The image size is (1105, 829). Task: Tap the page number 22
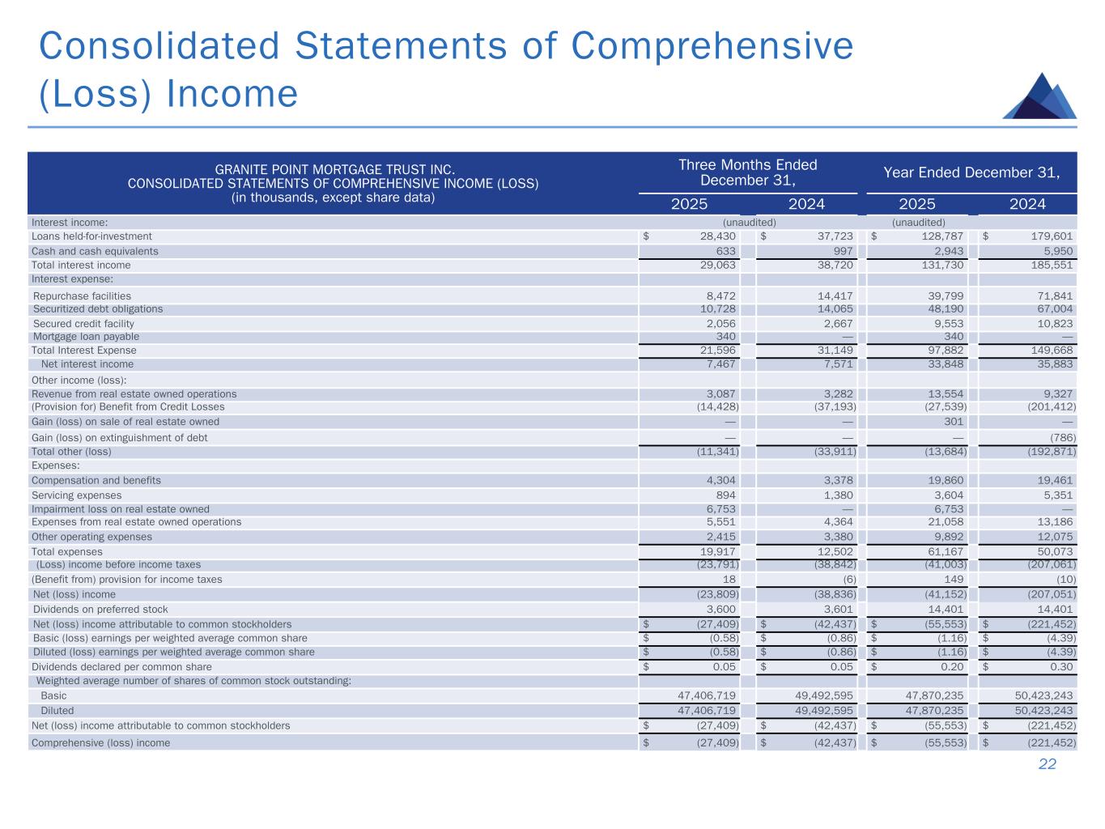pos(1048,764)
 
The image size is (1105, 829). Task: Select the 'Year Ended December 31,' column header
pos(971,172)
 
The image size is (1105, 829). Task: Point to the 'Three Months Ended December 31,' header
pos(747,172)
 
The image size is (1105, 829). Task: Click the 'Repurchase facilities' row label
pos(82,296)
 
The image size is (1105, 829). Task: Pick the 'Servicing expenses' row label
pos(76,495)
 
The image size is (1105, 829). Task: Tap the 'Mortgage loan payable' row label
pos(86,337)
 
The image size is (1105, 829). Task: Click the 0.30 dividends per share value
pos(1061,667)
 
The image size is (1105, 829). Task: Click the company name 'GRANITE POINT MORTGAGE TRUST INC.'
pos(335,170)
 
